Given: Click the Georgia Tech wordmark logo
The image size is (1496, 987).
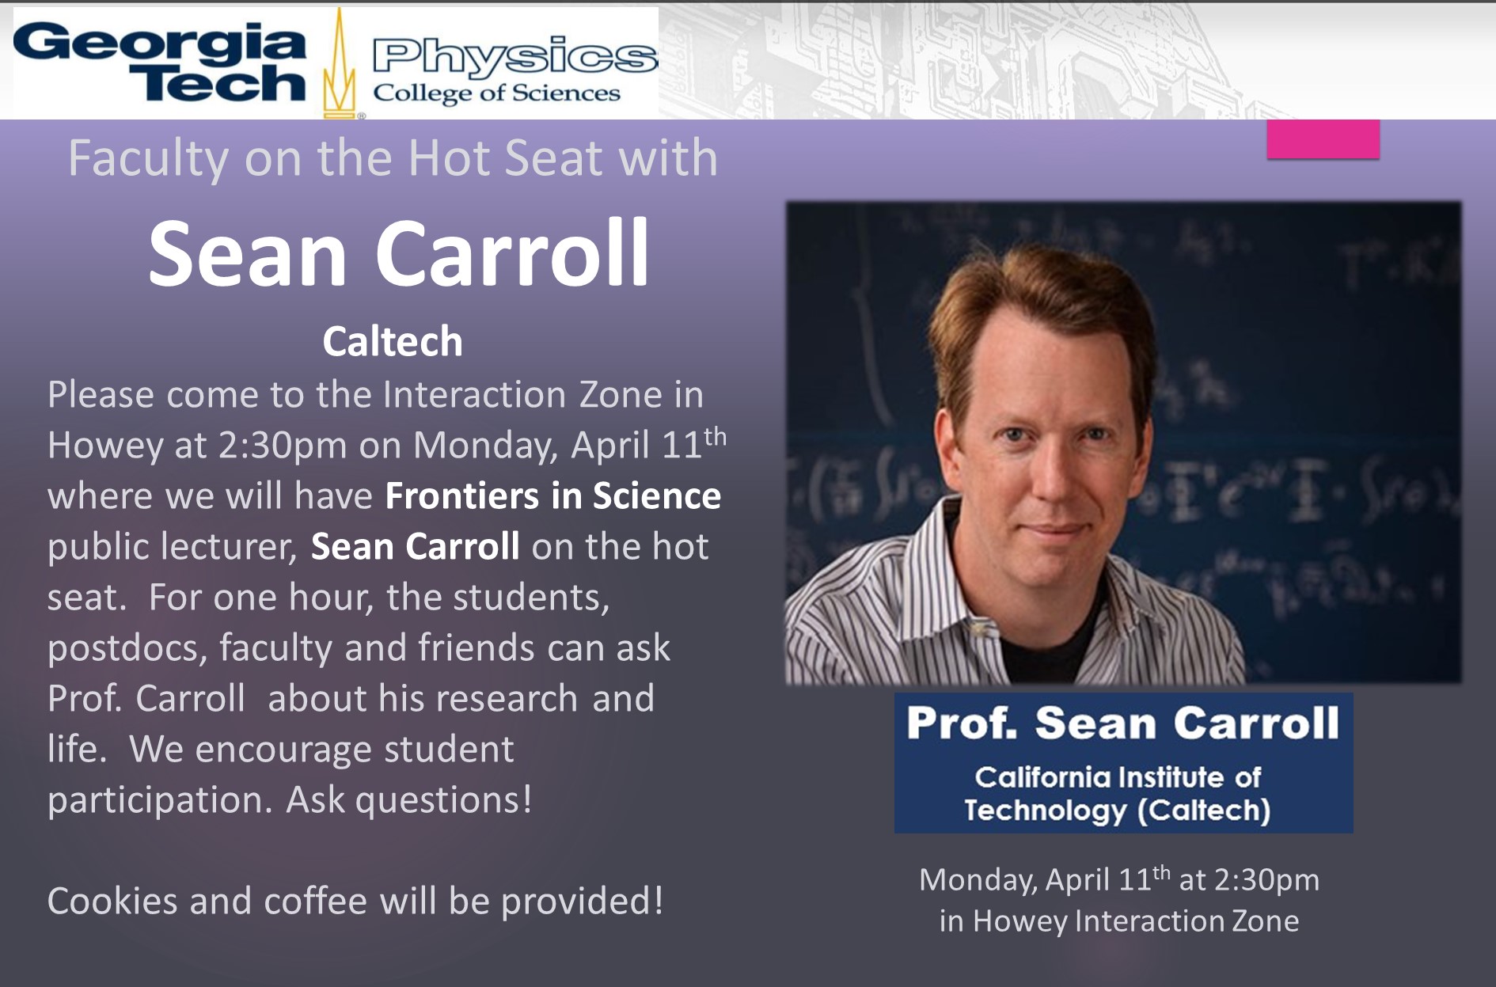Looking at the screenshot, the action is [x=159, y=63].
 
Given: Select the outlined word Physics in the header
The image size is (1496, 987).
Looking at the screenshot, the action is [x=514, y=56].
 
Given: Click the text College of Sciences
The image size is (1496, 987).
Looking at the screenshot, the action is [x=496, y=93].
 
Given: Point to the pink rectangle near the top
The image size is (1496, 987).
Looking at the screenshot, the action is [x=1323, y=139].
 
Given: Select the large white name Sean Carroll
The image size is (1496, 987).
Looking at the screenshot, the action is [x=399, y=253].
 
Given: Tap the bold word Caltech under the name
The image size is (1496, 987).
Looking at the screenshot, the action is [x=393, y=342].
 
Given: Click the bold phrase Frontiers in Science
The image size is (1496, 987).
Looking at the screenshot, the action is [x=552, y=496].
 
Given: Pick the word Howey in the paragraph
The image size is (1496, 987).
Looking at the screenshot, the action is [x=104, y=446].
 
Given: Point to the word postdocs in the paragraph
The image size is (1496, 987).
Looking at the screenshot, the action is [x=127, y=649].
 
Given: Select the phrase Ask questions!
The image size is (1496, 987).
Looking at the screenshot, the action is [x=409, y=800].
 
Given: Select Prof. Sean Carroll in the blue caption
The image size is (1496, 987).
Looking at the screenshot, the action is [x=1122, y=723].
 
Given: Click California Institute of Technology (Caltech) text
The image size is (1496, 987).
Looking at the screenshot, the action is [x=1118, y=793].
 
